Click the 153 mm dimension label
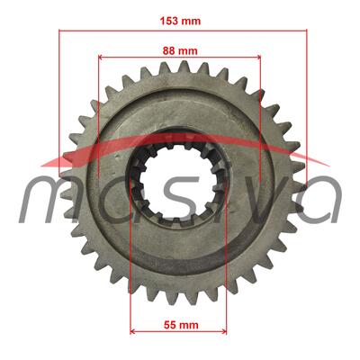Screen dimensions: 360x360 pos(180,21)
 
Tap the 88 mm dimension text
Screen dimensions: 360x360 pos(180,50)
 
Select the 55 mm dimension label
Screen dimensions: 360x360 pos(181,325)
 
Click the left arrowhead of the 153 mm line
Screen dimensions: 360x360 pos(61,31)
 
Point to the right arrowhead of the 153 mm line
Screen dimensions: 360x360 pos(304,31)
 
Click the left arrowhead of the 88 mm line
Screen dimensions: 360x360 pos(101,57)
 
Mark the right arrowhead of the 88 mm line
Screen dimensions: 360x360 pos(258,57)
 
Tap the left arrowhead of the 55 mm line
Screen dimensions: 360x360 pos(132,331)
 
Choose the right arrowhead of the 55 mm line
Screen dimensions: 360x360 pos(224,331)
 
